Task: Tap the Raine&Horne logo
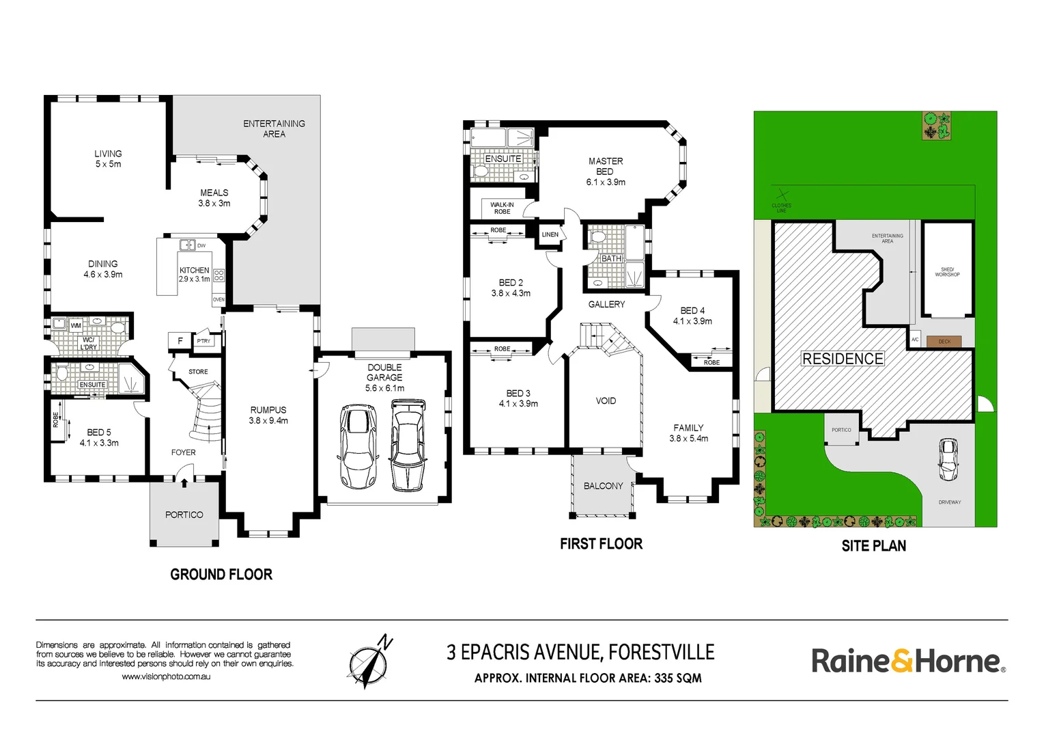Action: (x=907, y=661)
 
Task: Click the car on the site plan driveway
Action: (x=948, y=459)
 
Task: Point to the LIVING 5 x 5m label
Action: (x=108, y=159)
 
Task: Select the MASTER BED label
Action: (x=605, y=171)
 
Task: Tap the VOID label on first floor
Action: (x=606, y=401)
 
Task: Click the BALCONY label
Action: (x=603, y=486)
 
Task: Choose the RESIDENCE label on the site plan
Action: (x=843, y=359)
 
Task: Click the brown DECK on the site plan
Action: (x=944, y=341)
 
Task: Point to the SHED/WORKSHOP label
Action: (x=947, y=272)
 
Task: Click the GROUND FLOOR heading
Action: (x=221, y=575)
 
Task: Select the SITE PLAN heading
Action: (x=873, y=546)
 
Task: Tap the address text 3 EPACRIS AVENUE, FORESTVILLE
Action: (x=580, y=653)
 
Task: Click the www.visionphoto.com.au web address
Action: (x=166, y=676)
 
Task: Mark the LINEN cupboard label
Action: (x=550, y=234)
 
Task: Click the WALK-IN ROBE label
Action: (x=502, y=208)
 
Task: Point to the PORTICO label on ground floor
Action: (x=184, y=515)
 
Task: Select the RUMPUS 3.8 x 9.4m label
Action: (x=268, y=415)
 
